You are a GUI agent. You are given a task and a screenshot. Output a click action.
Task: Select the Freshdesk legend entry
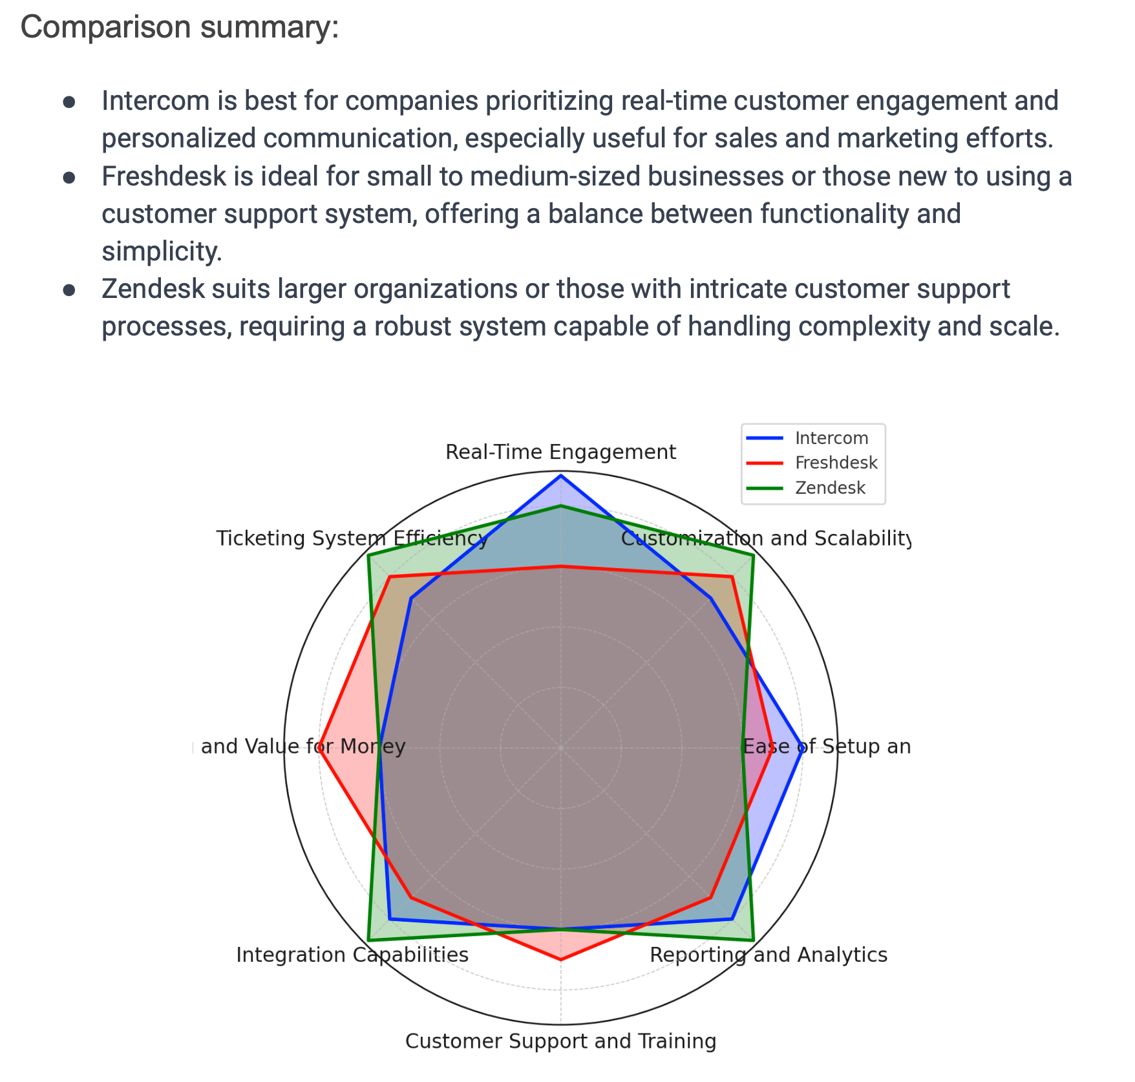[836, 463]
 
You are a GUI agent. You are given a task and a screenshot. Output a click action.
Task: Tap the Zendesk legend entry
[829, 487]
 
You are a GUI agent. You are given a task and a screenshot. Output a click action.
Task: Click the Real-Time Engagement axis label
[560, 452]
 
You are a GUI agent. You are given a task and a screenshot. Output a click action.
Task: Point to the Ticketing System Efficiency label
[352, 538]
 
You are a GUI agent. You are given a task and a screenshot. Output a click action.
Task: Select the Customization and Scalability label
[765, 538]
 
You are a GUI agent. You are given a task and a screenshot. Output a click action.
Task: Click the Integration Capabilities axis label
[352, 955]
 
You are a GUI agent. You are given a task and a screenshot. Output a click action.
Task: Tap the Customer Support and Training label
[560, 1041]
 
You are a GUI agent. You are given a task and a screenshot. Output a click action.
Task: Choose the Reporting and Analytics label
[768, 955]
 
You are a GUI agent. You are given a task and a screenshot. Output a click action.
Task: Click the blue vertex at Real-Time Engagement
[561, 476]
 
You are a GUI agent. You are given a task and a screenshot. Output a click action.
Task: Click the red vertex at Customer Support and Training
[561, 960]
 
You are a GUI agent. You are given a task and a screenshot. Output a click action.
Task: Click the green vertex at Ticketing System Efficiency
[368, 556]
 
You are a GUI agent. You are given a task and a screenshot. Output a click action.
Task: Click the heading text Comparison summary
[180, 27]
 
